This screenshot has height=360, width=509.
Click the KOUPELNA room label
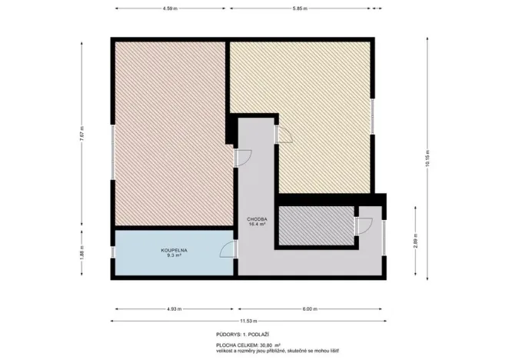click(174, 250)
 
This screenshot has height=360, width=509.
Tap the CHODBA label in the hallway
click(256, 219)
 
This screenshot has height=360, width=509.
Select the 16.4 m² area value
click(256, 225)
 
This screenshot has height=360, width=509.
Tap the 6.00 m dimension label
click(309, 309)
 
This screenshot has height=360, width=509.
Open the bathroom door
click(228, 250)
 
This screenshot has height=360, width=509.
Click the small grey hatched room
click(314, 225)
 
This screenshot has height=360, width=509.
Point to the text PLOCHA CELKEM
click(236, 346)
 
